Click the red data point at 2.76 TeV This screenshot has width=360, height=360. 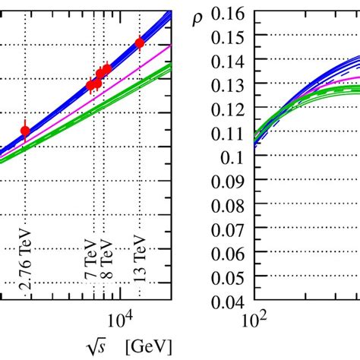click(x=25, y=131)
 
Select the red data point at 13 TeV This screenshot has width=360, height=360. click(x=139, y=43)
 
